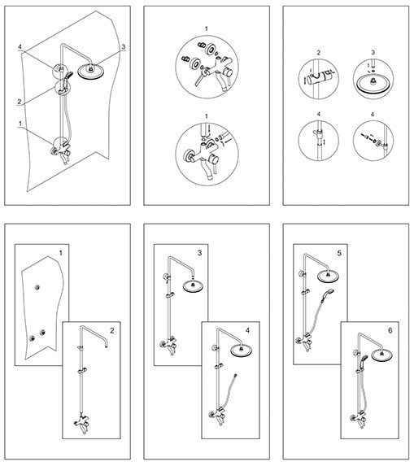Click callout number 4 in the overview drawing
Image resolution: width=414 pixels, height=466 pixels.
[x=20, y=47]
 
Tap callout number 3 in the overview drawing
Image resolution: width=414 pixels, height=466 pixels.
[x=124, y=46]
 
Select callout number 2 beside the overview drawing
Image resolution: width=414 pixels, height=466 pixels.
[x=20, y=102]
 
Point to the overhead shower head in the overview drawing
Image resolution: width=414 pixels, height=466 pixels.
[x=90, y=72]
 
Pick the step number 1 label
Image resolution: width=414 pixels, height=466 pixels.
[x=61, y=253]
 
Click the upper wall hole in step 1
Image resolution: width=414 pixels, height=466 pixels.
[x=37, y=287]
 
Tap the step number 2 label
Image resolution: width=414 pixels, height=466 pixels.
[x=111, y=330]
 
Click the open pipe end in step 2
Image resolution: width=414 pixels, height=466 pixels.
[x=106, y=346]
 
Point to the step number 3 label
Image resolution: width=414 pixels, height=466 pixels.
[x=199, y=253]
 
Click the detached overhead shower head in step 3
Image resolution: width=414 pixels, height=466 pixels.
[x=194, y=287]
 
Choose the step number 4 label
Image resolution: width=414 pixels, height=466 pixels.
[x=248, y=330]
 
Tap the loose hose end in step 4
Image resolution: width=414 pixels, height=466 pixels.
[x=235, y=376]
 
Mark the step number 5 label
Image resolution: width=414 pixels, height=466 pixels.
[x=339, y=253]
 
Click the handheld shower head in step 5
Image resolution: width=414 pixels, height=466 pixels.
[x=329, y=292]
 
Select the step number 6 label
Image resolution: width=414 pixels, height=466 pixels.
[x=390, y=330]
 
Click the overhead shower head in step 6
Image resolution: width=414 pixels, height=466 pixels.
[x=381, y=355]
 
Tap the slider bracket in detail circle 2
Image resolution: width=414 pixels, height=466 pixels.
[x=321, y=77]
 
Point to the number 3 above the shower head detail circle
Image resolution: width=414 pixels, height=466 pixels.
[x=373, y=52]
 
